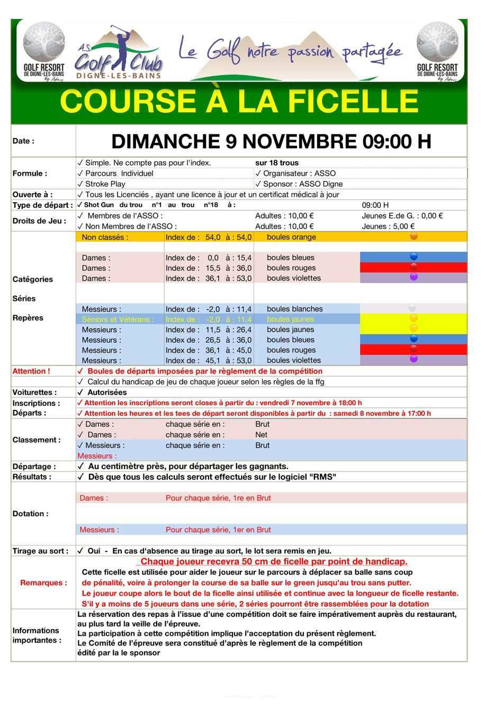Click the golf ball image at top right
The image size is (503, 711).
point(437,42)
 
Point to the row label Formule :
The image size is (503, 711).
point(30,174)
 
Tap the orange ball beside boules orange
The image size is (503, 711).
point(414,236)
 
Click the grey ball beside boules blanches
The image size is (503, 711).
point(412,308)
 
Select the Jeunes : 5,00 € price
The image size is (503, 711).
point(388,226)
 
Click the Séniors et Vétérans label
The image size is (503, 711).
point(118,320)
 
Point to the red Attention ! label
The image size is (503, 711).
point(31,371)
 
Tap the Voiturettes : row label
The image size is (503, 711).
point(35,393)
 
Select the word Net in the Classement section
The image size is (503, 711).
point(262,435)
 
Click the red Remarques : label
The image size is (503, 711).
point(43,583)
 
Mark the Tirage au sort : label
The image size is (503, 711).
point(40,551)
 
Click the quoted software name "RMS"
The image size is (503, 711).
point(325,477)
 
